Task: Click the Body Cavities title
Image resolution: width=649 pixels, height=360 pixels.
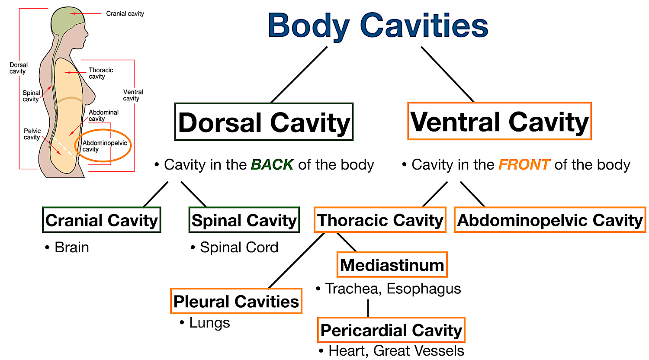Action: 378,26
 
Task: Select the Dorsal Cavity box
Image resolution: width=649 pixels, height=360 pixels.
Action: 264,122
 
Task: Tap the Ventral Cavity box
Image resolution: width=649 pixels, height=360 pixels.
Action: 499,122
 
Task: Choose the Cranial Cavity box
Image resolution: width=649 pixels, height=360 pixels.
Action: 102,220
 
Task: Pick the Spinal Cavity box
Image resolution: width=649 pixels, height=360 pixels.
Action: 244,220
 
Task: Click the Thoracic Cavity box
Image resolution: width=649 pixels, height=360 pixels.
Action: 380,220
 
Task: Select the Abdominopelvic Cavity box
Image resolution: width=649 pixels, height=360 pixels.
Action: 549,220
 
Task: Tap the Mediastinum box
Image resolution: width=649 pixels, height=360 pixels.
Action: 392,265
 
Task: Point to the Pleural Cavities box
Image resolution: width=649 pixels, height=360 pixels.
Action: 236,301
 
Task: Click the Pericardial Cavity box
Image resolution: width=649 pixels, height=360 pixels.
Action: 391,330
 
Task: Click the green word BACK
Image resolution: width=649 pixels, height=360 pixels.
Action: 272,165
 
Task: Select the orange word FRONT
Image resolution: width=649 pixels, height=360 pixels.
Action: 524,165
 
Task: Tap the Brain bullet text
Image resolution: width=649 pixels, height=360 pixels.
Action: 71,247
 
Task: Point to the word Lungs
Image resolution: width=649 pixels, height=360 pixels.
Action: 209,323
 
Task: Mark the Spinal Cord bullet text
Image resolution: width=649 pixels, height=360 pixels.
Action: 239,247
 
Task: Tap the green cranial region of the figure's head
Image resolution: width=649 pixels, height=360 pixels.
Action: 66,19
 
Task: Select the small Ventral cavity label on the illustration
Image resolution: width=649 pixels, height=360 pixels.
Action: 133,95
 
